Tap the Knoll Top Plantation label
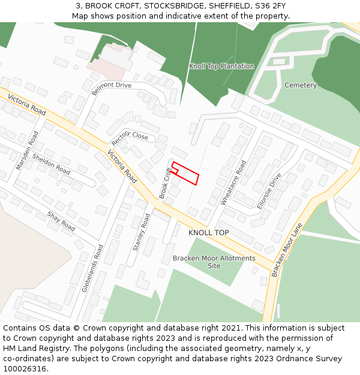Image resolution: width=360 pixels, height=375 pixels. coord(221,66)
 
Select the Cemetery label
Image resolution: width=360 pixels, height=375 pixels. coord(300,85)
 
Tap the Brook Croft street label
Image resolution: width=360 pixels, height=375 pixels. coord(165,182)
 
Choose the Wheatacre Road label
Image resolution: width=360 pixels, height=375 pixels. coord(233,182)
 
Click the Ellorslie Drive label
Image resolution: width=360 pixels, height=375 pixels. coord(269,191)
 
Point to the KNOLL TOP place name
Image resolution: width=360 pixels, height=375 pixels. coord(208,232)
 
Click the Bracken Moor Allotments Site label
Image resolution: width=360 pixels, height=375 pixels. coord(214,262)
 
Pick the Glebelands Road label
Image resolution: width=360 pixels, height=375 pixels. coord(92,268)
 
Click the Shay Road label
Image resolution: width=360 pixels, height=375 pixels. coord(61,221)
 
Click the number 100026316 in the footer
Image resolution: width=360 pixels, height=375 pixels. coord(25,368)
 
